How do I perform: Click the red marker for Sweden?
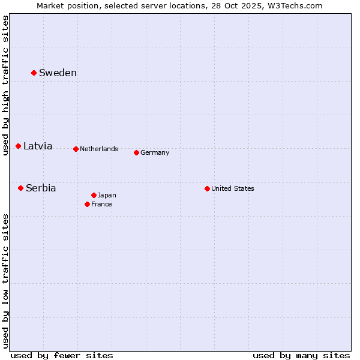[34, 73]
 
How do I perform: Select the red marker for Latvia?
[18, 146]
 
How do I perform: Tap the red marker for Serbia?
[20, 188]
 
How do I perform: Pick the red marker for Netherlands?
[76, 149]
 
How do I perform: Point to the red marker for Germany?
[136, 152]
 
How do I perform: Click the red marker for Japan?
[94, 195]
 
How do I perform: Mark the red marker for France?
[87, 204]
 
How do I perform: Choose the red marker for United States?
[207, 188]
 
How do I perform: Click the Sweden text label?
[58, 73]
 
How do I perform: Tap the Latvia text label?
[38, 146]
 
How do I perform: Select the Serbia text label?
[41, 188]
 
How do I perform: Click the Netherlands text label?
[99, 149]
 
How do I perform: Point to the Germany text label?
[155, 153]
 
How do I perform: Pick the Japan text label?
[107, 196]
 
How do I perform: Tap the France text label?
[101, 205]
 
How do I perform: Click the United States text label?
[233, 189]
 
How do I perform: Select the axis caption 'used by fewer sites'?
[62, 355]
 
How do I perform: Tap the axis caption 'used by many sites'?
[301, 355]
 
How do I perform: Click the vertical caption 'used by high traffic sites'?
[6, 85]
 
